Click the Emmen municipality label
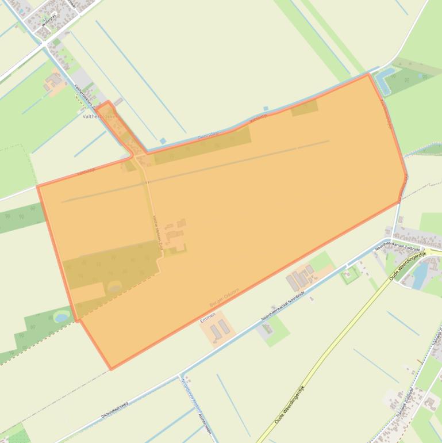208,316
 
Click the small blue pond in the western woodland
62,316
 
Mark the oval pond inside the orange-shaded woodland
115,287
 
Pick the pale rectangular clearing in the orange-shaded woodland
89,293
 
